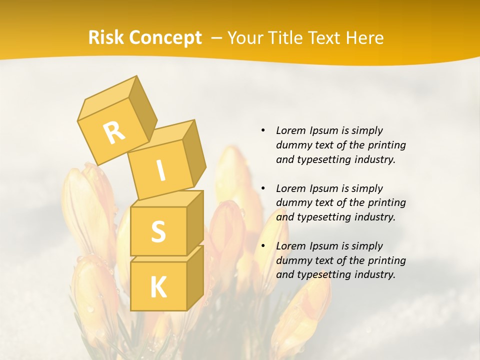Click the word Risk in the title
(x=105, y=38)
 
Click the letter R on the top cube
(x=114, y=133)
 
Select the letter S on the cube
(x=158, y=231)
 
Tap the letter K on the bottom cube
(x=158, y=287)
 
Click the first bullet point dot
(x=263, y=130)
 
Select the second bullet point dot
(x=263, y=188)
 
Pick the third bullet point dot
(x=263, y=246)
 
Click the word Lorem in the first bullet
(x=290, y=130)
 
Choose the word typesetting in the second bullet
(x=320, y=217)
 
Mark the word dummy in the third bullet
(x=291, y=260)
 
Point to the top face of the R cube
(x=108, y=98)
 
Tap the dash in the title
(x=217, y=38)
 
